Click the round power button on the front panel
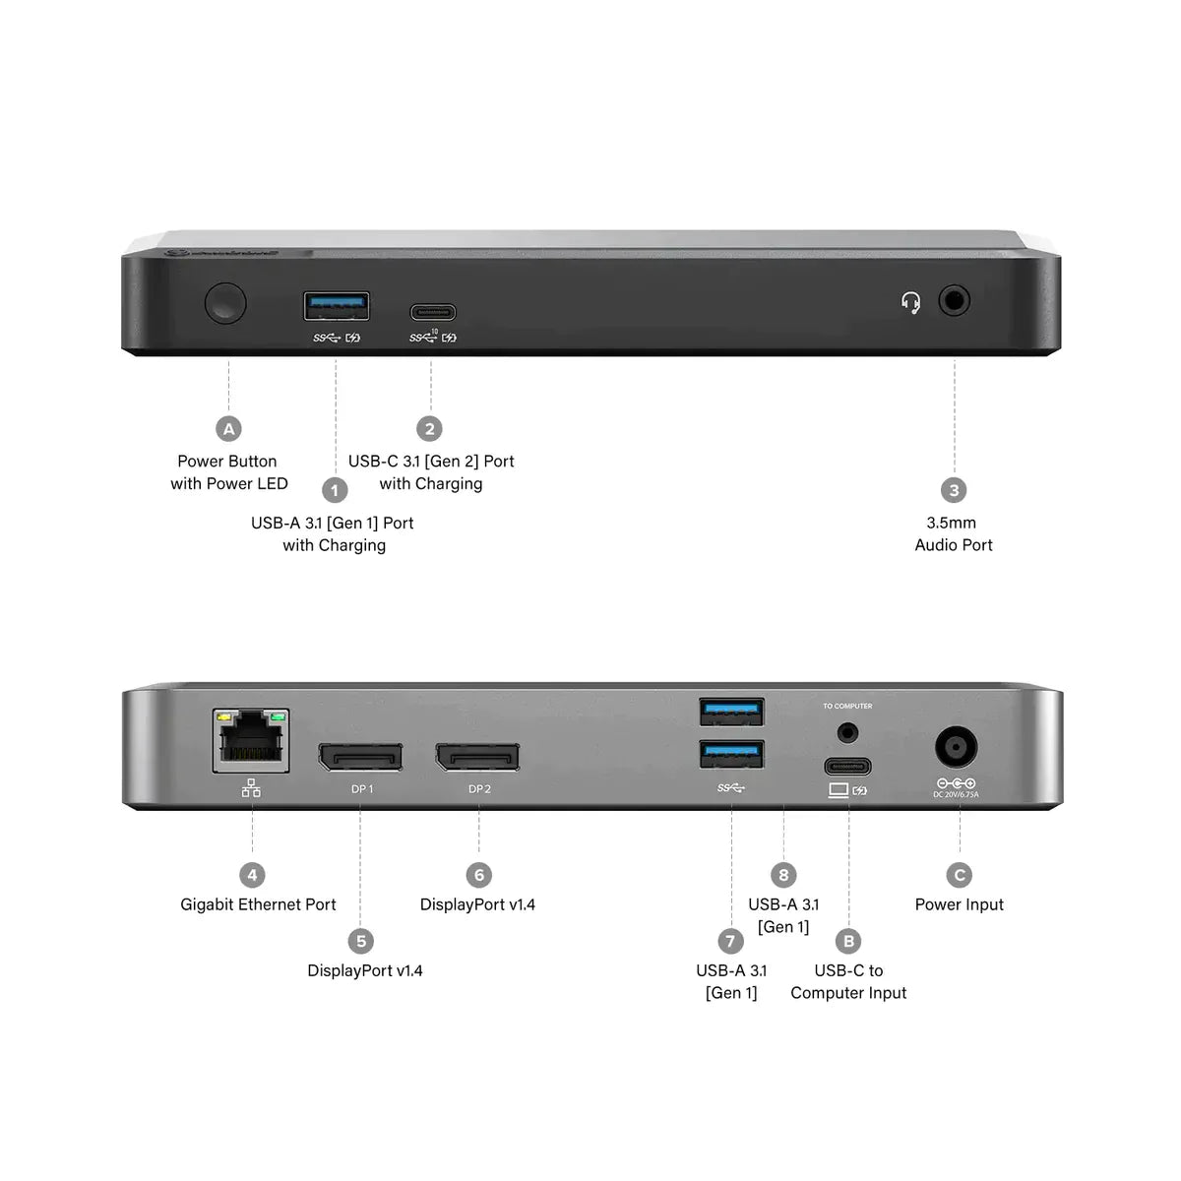[x=225, y=303]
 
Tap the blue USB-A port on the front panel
[x=337, y=306]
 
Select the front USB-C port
[x=432, y=314]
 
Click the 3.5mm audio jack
[x=954, y=300]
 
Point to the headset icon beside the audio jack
[x=911, y=302]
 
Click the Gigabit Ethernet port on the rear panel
[x=252, y=741]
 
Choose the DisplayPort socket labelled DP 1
[x=360, y=757]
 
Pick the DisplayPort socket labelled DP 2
[x=478, y=757]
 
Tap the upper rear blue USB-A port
[x=731, y=711]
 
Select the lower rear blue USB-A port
[x=731, y=754]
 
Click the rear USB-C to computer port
[x=847, y=766]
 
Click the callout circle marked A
[x=228, y=429]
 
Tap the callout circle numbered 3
[x=953, y=490]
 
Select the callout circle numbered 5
[x=361, y=941]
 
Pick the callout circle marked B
[x=848, y=941]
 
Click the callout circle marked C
[x=960, y=875]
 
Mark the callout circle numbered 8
[x=783, y=875]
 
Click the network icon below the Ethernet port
[x=252, y=788]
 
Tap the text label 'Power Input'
[x=960, y=904]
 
